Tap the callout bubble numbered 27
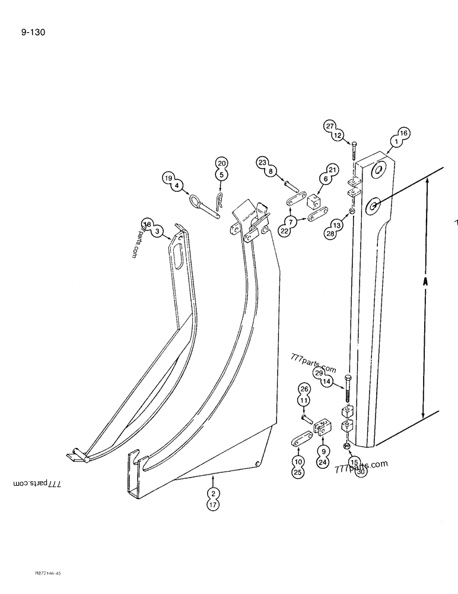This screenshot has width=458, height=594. (330, 126)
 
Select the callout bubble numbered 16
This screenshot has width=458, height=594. (402, 134)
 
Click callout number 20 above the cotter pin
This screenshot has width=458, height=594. (221, 164)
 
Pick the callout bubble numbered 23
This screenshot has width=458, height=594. (263, 162)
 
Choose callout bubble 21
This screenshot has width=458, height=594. (332, 170)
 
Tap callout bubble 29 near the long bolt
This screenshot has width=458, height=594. (319, 372)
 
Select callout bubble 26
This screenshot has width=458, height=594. (304, 389)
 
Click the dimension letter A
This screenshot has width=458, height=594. (425, 283)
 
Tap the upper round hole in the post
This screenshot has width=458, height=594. (377, 171)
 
